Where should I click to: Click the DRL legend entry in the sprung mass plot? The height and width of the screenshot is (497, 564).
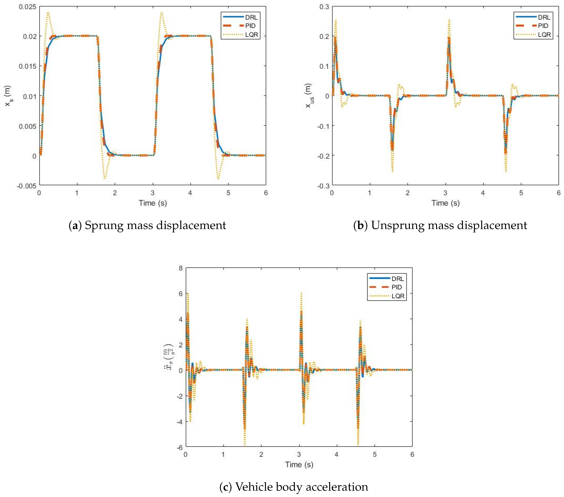tap(251, 17)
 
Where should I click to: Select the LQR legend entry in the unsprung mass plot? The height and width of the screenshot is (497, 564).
tap(544, 34)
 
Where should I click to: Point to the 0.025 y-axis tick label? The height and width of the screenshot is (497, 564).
tap(28, 7)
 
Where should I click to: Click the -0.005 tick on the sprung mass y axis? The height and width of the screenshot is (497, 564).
tap(27, 186)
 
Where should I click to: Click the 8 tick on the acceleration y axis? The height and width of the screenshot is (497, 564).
tap(181, 268)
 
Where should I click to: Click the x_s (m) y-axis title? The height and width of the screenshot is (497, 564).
tap(8, 96)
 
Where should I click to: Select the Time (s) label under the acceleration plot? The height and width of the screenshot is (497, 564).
tap(299, 465)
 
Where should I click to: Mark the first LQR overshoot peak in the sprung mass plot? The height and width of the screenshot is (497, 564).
tap(48, 13)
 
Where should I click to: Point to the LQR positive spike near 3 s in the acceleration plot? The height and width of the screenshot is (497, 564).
tap(301, 293)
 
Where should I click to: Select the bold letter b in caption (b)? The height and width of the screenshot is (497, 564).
tap(360, 225)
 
